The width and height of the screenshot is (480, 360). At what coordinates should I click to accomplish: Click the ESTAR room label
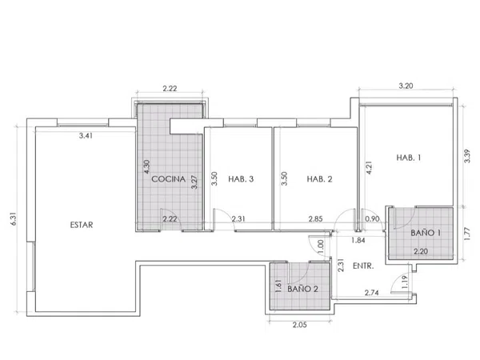pos(82,225)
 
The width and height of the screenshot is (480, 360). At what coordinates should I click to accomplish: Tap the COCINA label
pos(168,179)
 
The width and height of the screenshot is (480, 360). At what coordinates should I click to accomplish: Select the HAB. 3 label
pos(241,179)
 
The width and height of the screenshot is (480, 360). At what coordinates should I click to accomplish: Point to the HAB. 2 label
pos(319,179)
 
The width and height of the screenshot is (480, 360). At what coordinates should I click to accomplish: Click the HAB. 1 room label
pos(408,158)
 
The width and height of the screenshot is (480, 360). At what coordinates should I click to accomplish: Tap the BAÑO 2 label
pos(302,289)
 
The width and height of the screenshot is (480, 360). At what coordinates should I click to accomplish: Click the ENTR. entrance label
pos(363,266)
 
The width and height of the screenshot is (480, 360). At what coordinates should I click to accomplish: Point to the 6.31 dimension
pos(14,219)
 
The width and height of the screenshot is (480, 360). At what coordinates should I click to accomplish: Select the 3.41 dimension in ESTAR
pos(86,136)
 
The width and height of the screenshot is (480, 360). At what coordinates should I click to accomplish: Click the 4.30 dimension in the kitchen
pos(146,167)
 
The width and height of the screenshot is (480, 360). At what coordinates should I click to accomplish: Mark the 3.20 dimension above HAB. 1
pos(406,86)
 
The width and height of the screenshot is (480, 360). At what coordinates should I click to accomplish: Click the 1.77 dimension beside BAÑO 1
pos(467,234)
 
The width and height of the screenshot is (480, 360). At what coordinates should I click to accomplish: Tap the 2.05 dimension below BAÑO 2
pos(299,325)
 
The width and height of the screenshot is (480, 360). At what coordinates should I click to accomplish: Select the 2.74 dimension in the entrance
pos(372,293)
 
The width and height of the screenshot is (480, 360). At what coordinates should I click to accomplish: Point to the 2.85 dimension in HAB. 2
pos(316,219)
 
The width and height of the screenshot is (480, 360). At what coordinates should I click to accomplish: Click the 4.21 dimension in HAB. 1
pos(369,168)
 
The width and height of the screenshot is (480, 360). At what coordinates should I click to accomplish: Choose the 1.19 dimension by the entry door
pos(405,282)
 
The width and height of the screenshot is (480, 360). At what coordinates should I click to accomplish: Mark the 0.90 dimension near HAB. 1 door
pos(373,219)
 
